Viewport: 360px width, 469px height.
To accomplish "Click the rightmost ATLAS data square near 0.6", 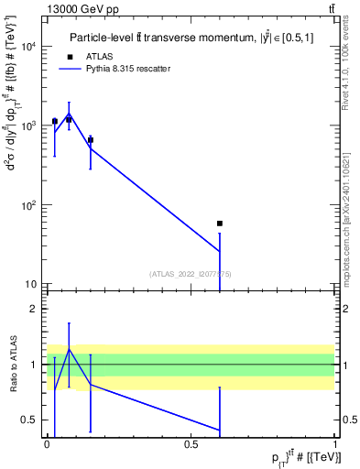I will click(x=220, y=224).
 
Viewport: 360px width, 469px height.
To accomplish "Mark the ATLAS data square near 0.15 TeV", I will click(x=91, y=139).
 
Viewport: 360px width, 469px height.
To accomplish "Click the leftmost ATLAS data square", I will click(x=55, y=121).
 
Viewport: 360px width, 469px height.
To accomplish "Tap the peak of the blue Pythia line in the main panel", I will click(x=70, y=115).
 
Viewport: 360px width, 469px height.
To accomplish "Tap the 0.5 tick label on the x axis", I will click(x=191, y=444).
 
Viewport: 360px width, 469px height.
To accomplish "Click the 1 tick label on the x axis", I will click(x=335, y=444).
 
